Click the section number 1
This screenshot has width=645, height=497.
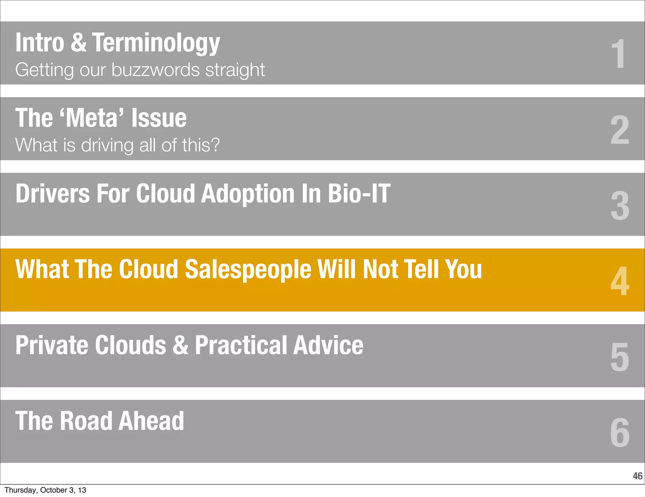tap(619, 54)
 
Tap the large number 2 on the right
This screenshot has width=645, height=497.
tap(619, 130)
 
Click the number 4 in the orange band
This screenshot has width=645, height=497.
tap(619, 281)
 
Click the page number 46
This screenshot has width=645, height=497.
tap(637, 476)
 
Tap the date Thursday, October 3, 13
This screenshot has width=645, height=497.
tap(45, 490)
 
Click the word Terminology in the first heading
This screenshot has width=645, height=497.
tap(156, 43)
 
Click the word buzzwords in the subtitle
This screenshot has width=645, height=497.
tap(155, 70)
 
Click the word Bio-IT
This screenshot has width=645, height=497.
tap(359, 193)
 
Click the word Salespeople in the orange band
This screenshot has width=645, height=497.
tap(248, 270)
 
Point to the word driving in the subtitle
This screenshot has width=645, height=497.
tap(107, 145)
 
